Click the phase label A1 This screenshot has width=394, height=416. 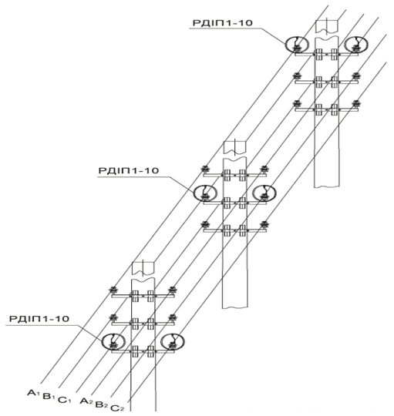(33, 393)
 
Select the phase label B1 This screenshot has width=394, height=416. (49, 397)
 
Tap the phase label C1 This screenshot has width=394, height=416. (65, 400)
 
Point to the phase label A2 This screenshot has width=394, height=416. (86, 401)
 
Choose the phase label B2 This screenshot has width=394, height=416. (102, 404)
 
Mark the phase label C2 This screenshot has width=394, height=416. (117, 408)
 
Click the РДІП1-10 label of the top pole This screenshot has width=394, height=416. (223, 23)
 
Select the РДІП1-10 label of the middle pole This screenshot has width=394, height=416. (129, 170)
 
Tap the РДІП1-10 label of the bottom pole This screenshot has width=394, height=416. (39, 318)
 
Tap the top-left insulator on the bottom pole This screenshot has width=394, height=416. (113, 290)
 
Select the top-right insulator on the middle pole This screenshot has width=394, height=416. (264, 169)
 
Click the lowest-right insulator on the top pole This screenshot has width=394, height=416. (355, 104)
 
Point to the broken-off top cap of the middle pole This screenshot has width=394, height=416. (235, 148)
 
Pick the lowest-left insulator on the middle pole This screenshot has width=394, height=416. (204, 225)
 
